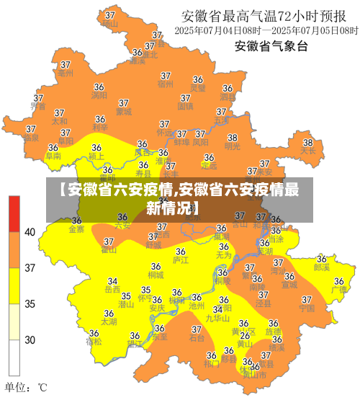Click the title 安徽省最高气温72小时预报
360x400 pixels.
pos(268,16)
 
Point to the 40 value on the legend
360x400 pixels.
pos(30,232)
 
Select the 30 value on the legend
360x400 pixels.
pos(30,339)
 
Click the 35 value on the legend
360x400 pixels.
pos(30,303)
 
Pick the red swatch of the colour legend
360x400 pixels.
pos(14,213)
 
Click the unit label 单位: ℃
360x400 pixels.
pos(27,387)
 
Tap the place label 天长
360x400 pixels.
pos(308,151)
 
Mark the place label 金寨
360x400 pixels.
pos(76,229)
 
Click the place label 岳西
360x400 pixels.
pos(112,290)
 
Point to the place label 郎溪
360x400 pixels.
pos(322,267)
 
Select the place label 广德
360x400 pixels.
pos(338,290)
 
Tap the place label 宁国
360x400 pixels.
pos(307,308)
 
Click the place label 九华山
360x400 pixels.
pos(217,318)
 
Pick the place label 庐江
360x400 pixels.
pos(181,259)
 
